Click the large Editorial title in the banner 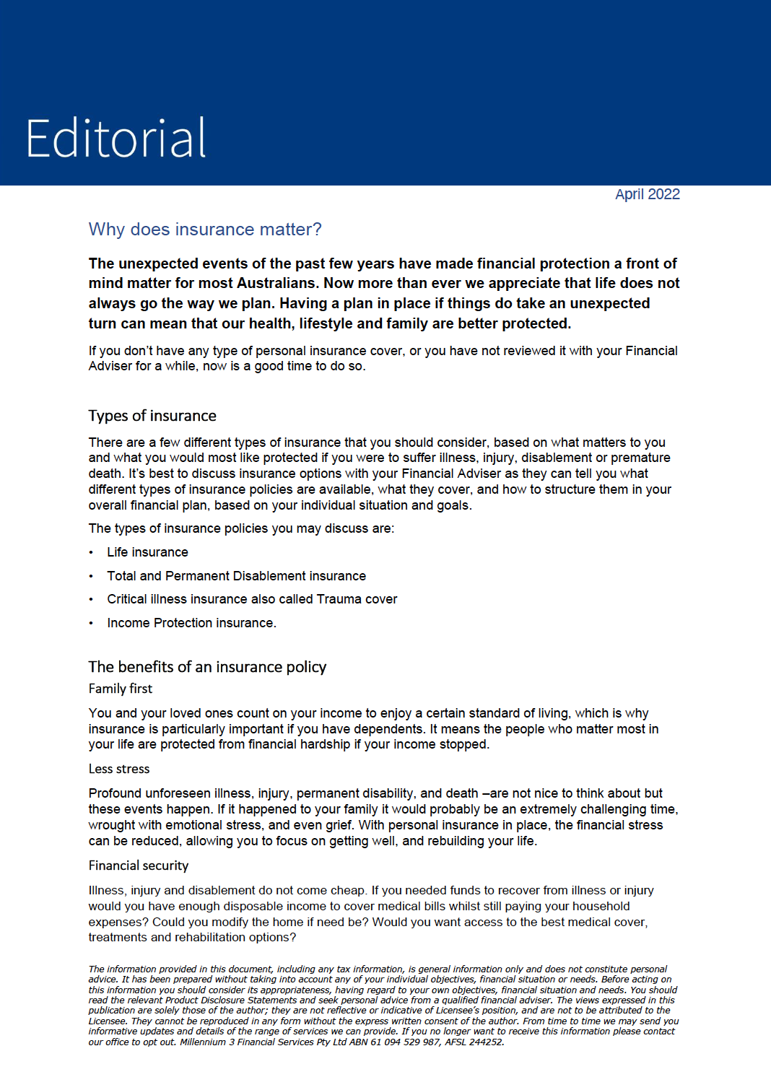pos(116,138)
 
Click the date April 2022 pos(647,194)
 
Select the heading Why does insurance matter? pos(205,230)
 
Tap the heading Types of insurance pos(152,416)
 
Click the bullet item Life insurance pos(147,552)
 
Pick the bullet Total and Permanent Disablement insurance pos(236,576)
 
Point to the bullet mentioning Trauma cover pos(252,599)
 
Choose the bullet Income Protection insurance pos(191,623)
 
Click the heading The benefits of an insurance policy pos(207,667)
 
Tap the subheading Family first pos(121,689)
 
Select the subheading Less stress pos(119,769)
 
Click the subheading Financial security pos(139,866)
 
